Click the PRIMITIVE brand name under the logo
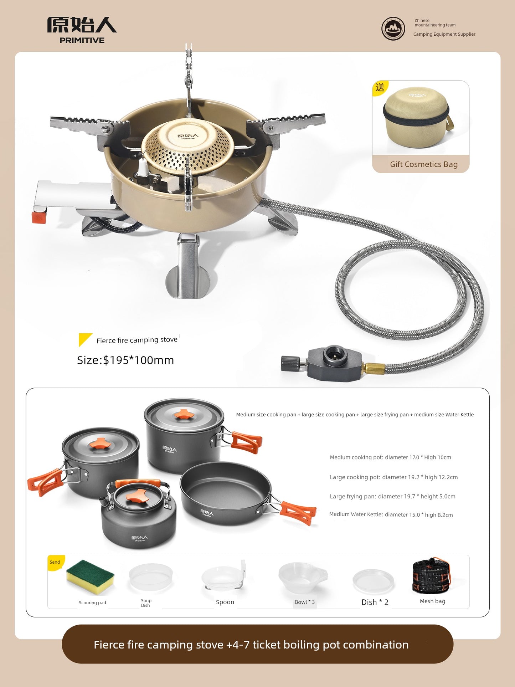pos(82,40)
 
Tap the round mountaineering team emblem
pos(393,29)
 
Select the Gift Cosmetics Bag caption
pos(424,164)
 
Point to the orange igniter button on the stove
pos(39,217)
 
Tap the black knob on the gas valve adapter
pos(289,364)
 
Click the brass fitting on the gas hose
pos(374,368)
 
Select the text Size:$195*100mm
pos(125,360)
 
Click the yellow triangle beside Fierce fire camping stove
pos(85,339)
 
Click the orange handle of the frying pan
pos(298,513)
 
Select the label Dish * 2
pos(375,602)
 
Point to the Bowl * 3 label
pos(305,602)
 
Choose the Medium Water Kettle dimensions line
pos(391,514)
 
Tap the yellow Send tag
pos(55,562)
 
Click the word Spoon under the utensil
pos(225,602)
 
